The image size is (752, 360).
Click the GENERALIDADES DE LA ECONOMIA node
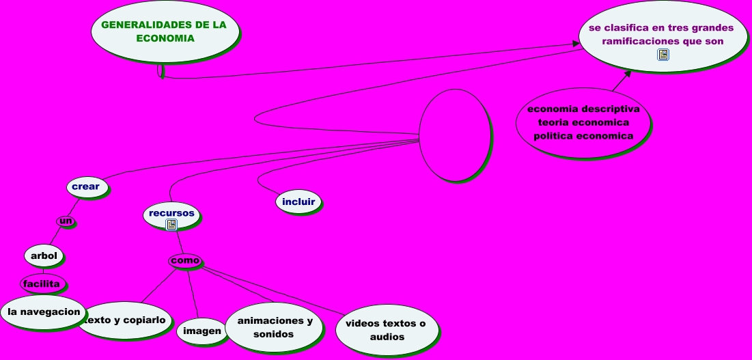point(165,31)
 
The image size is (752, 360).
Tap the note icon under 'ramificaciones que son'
point(663,55)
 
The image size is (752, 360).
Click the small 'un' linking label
point(66,221)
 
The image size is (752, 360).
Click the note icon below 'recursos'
point(171,224)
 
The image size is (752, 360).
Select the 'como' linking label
point(185,260)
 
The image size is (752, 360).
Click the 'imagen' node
point(202,331)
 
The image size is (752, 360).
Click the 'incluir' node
point(298,202)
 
